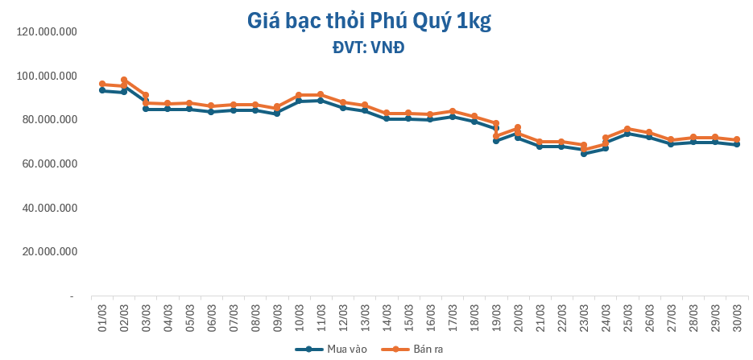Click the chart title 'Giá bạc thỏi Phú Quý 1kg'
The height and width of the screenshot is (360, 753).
tap(369, 22)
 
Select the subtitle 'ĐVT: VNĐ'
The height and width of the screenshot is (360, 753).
tap(368, 48)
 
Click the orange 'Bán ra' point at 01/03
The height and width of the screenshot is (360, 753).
tap(102, 84)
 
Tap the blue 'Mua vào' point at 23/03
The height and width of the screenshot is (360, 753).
tap(583, 153)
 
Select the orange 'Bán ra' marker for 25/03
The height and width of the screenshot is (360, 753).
tap(627, 129)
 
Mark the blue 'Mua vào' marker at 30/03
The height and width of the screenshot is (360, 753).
tap(736, 144)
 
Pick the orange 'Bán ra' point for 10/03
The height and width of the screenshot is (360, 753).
tap(299, 95)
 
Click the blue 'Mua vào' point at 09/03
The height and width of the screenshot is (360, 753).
tap(277, 114)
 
